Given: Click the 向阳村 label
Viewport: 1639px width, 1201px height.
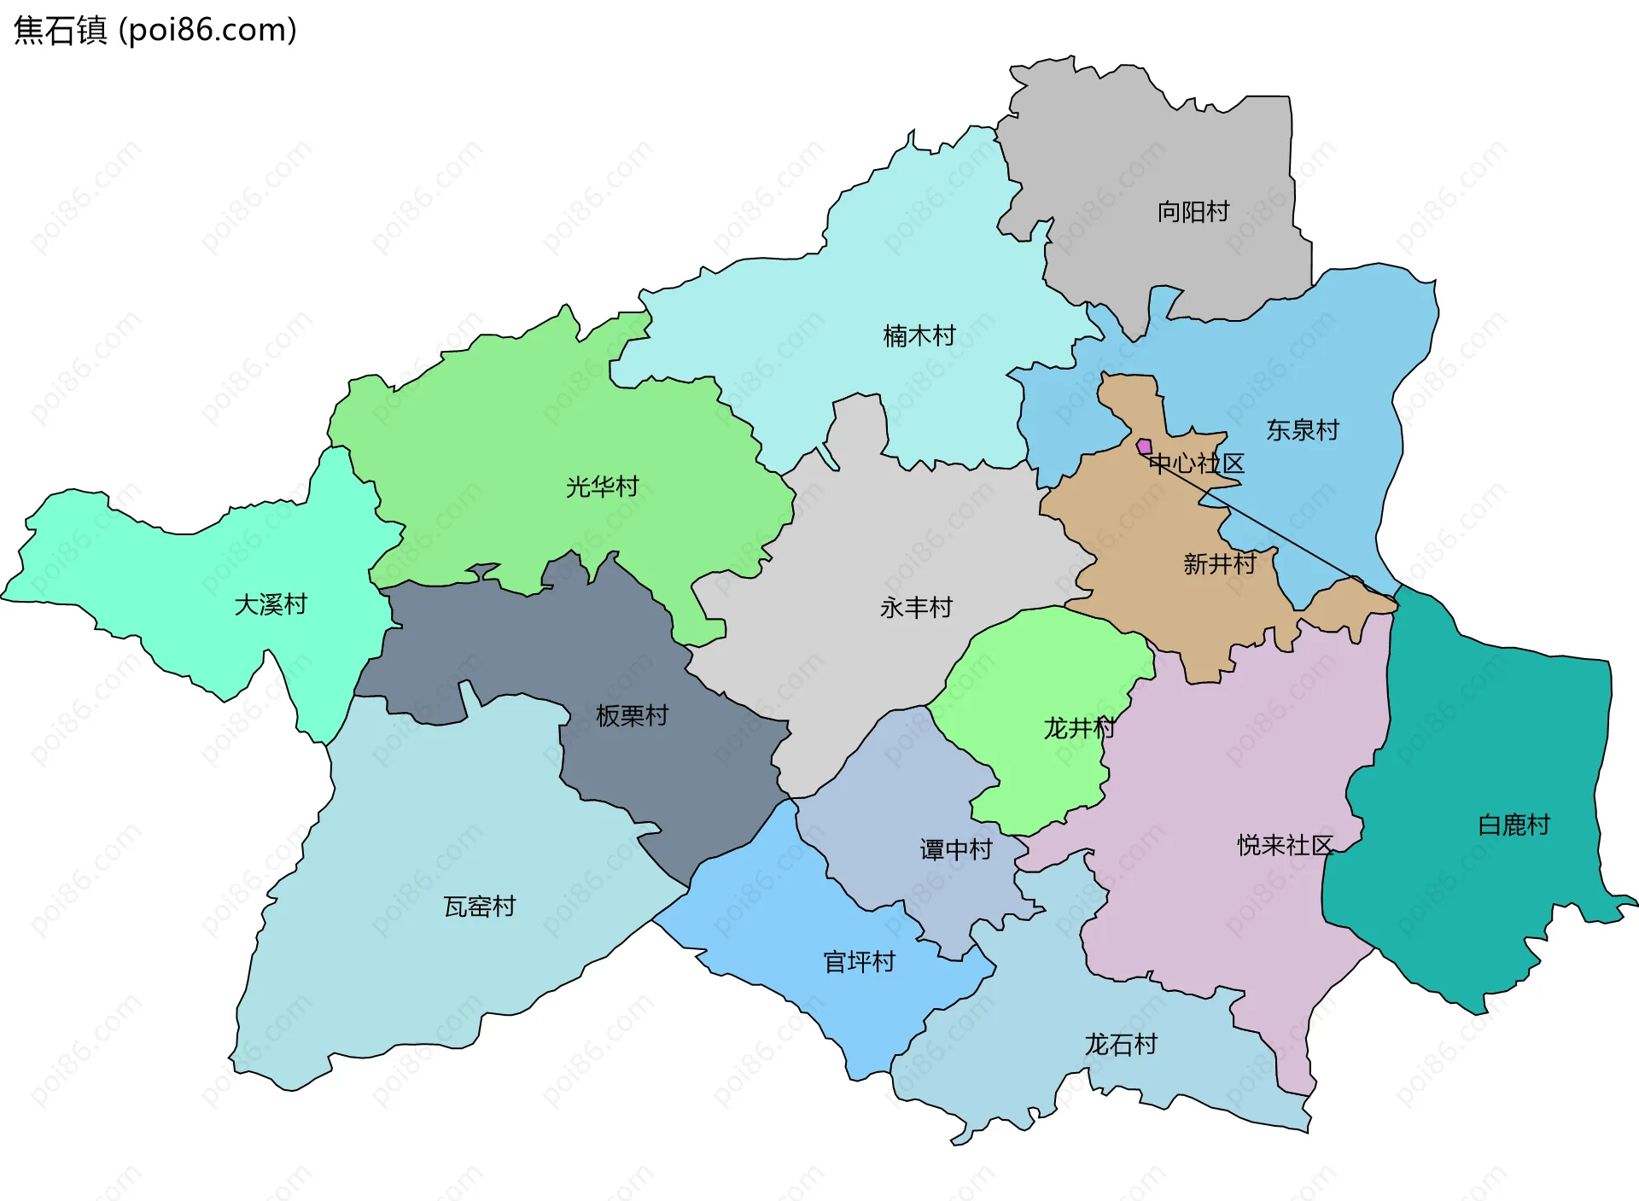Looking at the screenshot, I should pos(1193,212).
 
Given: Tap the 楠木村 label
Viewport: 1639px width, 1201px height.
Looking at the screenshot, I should pos(919,336).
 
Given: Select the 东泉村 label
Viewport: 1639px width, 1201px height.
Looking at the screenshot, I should pos(1302,430).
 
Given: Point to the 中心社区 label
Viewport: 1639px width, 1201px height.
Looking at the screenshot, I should pos(1196,464).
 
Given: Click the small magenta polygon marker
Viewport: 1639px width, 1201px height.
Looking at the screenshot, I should pos(1144,446).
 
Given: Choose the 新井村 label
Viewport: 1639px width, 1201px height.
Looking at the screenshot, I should pos(1219,564).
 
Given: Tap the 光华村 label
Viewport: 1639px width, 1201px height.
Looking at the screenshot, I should pos(602,487).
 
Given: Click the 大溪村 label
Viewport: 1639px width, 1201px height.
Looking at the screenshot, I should pos(270,605).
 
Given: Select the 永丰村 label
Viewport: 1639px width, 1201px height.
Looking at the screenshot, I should pos(915,608).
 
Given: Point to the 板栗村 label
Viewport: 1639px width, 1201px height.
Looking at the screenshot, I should pos(632,716).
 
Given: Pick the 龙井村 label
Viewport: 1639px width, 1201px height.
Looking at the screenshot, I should pos(1078,728).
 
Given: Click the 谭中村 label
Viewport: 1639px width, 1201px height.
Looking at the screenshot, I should pos(955,849).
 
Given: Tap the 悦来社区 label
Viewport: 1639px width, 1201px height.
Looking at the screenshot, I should pos(1285,846).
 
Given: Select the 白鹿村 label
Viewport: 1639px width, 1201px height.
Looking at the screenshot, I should pos(1513,825).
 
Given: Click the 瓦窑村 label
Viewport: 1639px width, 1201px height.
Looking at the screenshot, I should pos(480,907).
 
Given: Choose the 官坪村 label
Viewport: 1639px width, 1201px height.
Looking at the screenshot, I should pos(859,962).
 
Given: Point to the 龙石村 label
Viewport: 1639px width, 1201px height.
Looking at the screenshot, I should pos(1120,1045).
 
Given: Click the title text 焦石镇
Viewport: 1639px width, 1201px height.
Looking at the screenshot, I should pos(60,31).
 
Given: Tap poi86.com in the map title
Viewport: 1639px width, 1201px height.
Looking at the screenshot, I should pos(207,31).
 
